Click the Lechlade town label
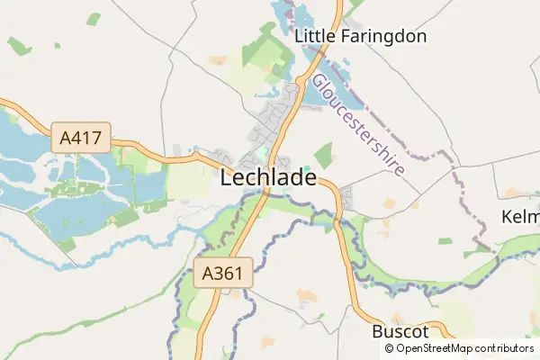tap(268, 178)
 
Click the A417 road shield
tap(81, 139)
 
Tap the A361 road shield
tap(223, 273)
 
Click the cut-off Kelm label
tap(520, 218)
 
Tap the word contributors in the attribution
tap(505, 348)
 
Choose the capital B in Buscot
tap(378, 331)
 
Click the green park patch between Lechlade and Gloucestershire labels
tap(323, 155)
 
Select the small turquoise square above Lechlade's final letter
tap(307, 167)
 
